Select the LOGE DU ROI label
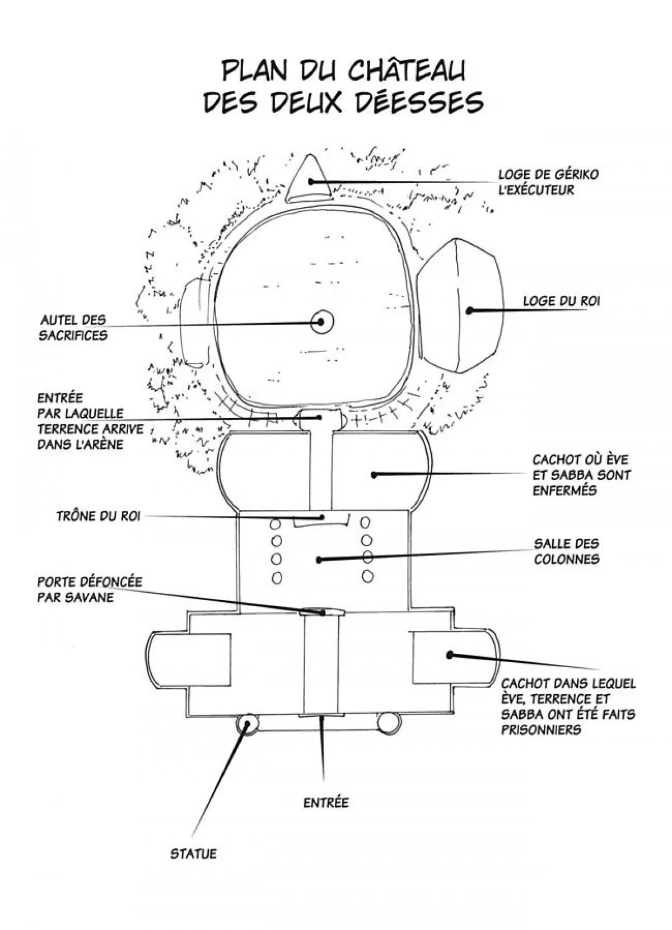point(561,301)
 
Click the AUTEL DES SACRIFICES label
point(73,328)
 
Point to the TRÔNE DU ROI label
point(98,515)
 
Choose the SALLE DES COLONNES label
point(566,551)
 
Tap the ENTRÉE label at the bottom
point(326,803)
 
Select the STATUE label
point(193,870)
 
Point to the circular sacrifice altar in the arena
point(321,322)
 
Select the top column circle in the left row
point(275,524)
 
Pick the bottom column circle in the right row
point(367,575)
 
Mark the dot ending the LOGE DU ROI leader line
point(470,310)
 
